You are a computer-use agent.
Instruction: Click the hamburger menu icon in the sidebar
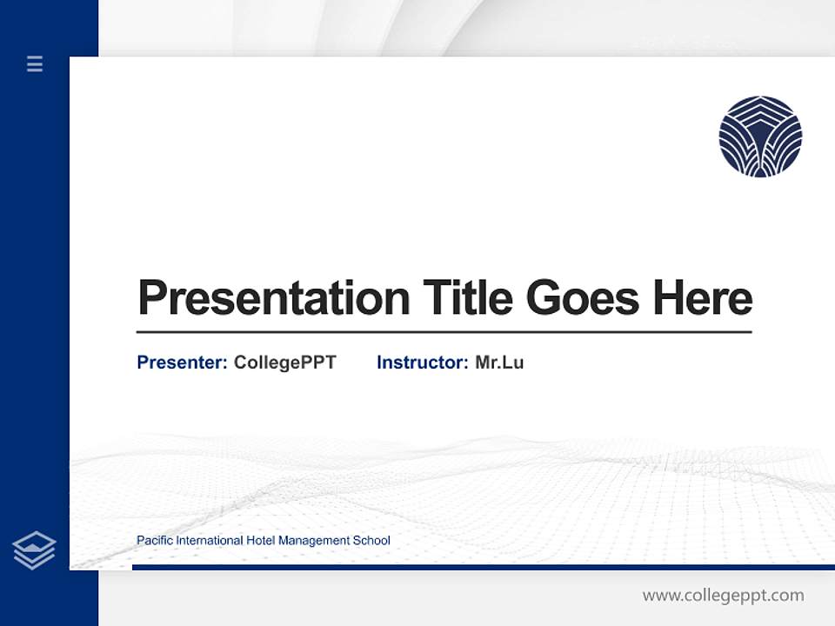[35, 63]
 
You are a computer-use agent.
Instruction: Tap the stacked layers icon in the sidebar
[34, 550]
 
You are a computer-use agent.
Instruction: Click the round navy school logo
[760, 137]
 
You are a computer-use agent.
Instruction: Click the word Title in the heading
[468, 297]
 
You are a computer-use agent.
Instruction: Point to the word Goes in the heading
[583, 298]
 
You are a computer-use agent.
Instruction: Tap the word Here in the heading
[703, 297]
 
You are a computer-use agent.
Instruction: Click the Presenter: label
[182, 363]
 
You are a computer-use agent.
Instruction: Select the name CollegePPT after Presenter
[284, 363]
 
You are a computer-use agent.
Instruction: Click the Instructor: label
[422, 363]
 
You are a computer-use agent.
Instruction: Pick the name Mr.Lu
[499, 363]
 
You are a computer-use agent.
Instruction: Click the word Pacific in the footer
[155, 541]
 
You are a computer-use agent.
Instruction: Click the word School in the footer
[371, 541]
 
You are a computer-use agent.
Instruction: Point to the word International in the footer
[210, 541]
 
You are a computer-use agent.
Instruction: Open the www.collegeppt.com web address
[723, 596]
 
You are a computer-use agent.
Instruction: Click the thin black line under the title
[444, 331]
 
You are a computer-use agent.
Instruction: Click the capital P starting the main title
[150, 298]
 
